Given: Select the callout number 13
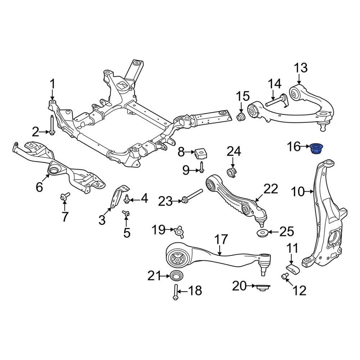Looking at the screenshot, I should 301,68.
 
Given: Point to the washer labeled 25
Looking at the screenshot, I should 262,233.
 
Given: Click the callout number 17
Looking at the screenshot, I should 222,239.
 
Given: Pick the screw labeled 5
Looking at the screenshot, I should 126,214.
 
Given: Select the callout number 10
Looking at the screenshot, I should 298,192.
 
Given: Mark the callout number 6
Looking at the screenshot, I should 39,186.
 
